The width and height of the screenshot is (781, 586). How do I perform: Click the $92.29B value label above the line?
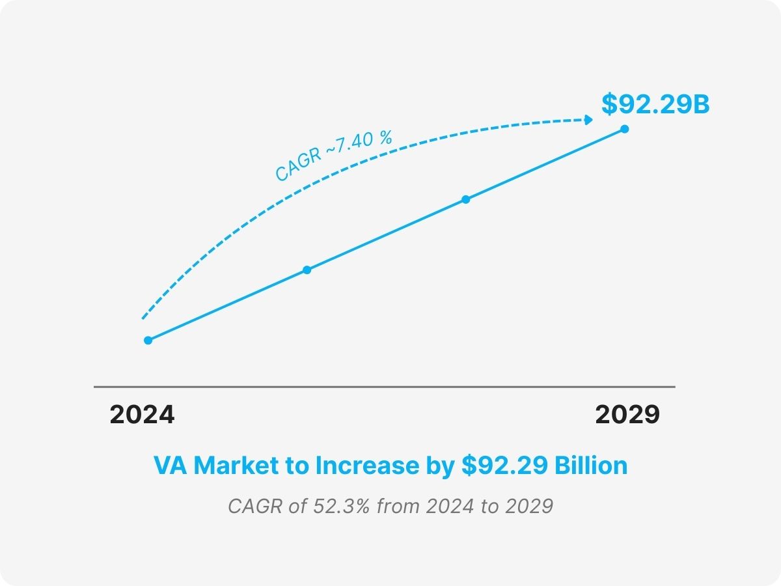[655, 104]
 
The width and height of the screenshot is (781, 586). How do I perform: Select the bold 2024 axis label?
[142, 415]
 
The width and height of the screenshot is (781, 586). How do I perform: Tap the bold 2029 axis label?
[627, 415]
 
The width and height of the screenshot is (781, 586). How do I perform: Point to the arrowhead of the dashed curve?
[589, 120]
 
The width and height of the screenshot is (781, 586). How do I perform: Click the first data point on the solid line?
[148, 340]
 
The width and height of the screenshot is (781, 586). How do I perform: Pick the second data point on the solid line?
[307, 270]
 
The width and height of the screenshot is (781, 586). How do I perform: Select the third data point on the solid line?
[465, 199]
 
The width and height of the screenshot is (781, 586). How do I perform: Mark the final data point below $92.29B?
[624, 129]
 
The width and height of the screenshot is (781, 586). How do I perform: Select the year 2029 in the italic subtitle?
[528, 506]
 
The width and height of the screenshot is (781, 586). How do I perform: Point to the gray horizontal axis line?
[384, 387]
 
